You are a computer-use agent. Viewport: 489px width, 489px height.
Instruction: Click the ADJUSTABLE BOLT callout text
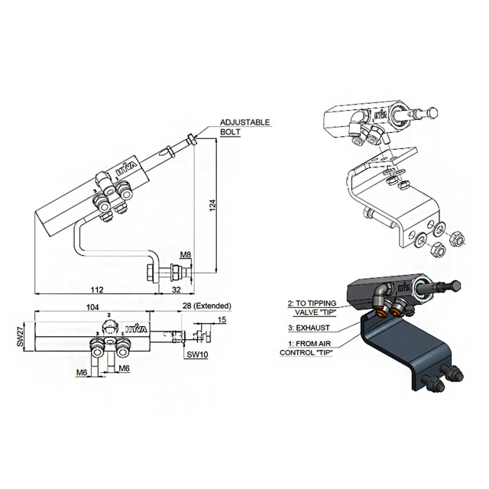244,127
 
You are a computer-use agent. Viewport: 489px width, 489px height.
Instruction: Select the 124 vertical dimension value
212,206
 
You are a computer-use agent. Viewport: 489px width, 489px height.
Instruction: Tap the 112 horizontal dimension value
97,290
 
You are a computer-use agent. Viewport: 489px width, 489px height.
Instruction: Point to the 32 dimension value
176,290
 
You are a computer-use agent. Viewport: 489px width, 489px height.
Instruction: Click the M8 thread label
185,254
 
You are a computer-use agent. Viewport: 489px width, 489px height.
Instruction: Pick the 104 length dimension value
92,307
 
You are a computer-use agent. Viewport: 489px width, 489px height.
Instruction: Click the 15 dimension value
222,320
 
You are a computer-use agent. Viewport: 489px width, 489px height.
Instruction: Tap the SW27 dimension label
21,337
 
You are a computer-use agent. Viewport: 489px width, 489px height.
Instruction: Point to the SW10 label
197,355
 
